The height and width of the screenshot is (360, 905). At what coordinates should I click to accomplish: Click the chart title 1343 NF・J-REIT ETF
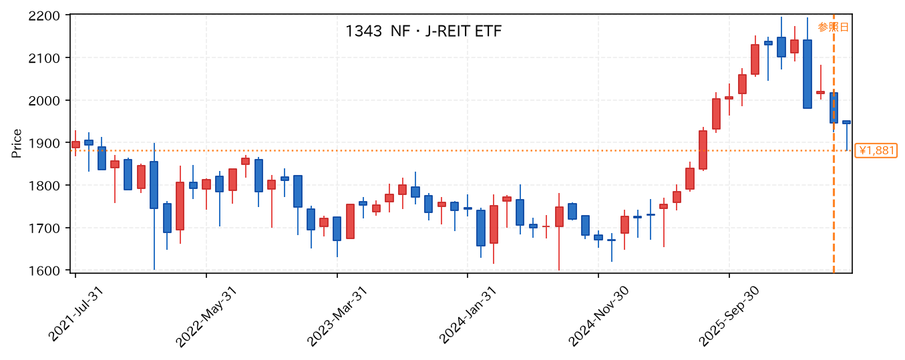point(423,31)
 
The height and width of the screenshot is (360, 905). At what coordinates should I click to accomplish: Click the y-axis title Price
point(16,144)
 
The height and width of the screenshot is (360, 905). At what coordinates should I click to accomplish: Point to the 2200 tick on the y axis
point(44,16)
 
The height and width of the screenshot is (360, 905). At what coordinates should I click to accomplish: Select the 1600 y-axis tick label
point(44,271)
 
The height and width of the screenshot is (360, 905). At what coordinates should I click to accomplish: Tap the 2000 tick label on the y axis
point(44,101)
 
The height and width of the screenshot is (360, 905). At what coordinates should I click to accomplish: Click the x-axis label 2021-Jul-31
point(75,314)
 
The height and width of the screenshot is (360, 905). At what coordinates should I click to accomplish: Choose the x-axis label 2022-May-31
point(206,317)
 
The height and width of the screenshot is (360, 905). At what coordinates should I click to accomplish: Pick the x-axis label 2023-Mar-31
point(337,317)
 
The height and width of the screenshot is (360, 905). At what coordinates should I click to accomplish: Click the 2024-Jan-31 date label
point(468,315)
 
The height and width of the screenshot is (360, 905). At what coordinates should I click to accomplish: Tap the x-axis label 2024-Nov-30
point(598,317)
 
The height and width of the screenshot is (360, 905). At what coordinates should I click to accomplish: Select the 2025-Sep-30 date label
point(729,317)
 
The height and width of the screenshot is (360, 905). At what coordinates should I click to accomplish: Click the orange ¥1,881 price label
point(876,151)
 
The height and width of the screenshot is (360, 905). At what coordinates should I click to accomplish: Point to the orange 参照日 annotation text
point(834,27)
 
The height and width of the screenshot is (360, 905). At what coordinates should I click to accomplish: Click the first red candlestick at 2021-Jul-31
point(75,144)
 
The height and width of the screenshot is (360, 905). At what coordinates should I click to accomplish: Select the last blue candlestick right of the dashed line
point(846,122)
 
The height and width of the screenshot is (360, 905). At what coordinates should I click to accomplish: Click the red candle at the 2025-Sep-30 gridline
point(729,98)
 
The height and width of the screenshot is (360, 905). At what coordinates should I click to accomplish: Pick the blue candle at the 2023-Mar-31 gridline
point(337,228)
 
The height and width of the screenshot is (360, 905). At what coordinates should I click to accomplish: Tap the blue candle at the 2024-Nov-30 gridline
point(598,238)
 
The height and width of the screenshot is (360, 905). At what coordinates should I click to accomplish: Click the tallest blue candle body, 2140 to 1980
point(807,74)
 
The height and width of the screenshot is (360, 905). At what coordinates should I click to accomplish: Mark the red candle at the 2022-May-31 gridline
point(206,184)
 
